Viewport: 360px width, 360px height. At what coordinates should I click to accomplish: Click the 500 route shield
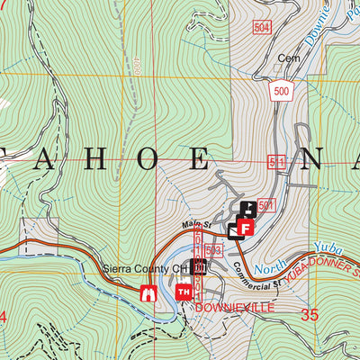pyautogui.click(x=279, y=92)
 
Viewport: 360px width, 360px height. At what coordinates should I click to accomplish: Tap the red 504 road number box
pyautogui.click(x=262, y=28)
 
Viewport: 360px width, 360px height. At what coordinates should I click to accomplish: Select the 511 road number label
pyautogui.click(x=276, y=161)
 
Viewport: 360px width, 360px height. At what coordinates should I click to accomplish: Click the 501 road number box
pyautogui.click(x=265, y=206)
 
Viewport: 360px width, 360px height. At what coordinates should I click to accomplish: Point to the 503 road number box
pyautogui.click(x=213, y=249)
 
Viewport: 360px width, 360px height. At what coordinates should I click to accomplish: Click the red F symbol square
pyautogui.click(x=245, y=229)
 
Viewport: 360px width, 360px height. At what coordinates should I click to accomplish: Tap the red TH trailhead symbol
pyautogui.click(x=184, y=291)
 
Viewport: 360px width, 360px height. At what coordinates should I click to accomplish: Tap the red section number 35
pyautogui.click(x=310, y=315)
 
